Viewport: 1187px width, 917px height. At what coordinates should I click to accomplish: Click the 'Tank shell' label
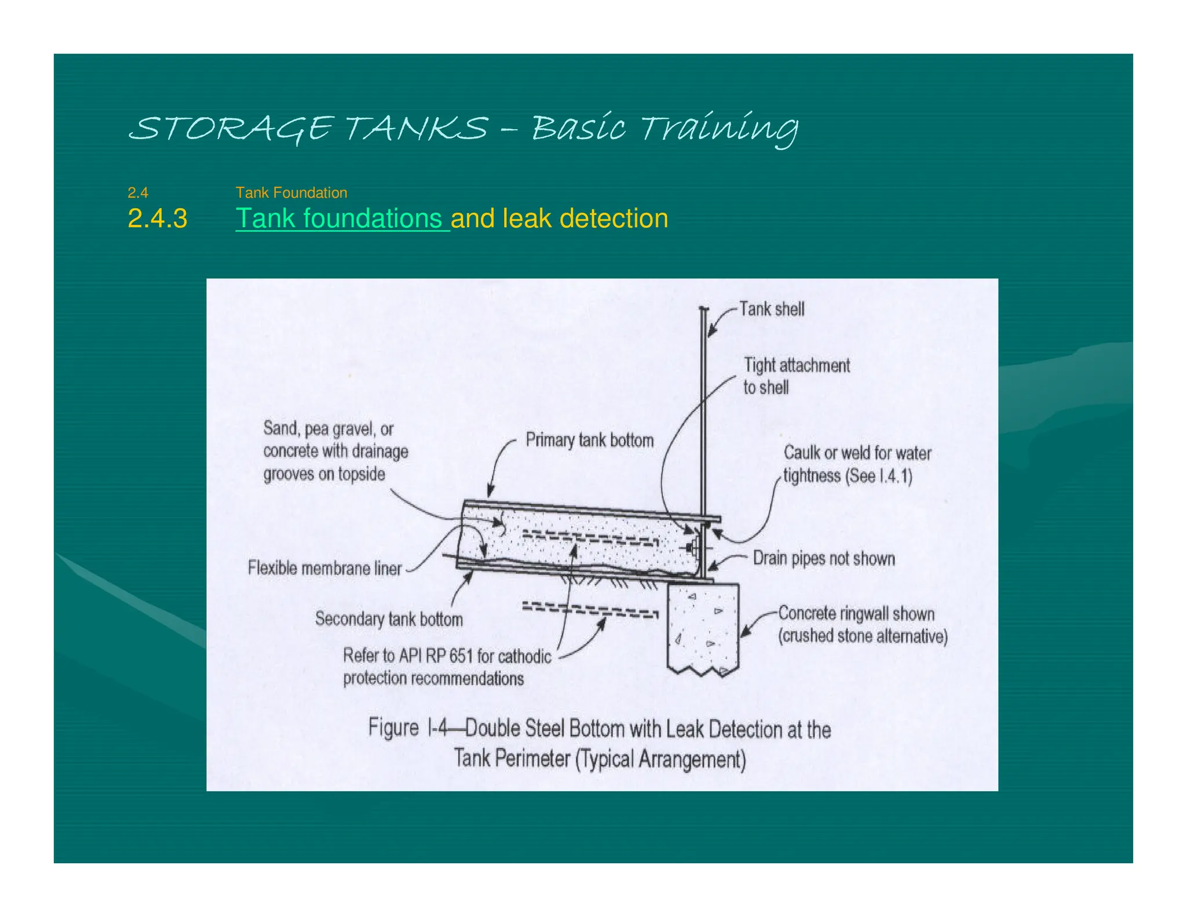point(771,309)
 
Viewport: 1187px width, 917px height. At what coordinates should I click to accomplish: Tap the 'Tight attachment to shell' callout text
point(796,376)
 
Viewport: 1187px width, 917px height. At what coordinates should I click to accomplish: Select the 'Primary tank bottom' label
point(589,440)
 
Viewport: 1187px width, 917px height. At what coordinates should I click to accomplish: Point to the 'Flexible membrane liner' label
point(325,568)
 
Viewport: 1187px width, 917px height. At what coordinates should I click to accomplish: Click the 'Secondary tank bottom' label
point(389,619)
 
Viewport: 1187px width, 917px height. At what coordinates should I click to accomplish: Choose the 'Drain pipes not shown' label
point(824,558)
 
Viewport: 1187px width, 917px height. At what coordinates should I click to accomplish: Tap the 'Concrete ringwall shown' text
point(856,613)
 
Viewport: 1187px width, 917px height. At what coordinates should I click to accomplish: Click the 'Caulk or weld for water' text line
point(857,453)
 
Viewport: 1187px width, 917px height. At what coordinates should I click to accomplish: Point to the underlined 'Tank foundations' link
point(342,219)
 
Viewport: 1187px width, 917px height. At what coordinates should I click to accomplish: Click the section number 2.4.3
point(157,219)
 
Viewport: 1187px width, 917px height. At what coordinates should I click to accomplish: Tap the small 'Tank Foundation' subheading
point(291,192)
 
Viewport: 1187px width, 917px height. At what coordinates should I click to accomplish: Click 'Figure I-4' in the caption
point(408,728)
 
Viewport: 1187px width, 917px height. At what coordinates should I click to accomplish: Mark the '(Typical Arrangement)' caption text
point(660,759)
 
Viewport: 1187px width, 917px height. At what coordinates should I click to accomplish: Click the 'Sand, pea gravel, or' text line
point(328,429)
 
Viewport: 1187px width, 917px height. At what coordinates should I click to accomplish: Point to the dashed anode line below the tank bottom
point(590,610)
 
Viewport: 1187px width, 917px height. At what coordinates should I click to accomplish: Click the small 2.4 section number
point(138,192)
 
